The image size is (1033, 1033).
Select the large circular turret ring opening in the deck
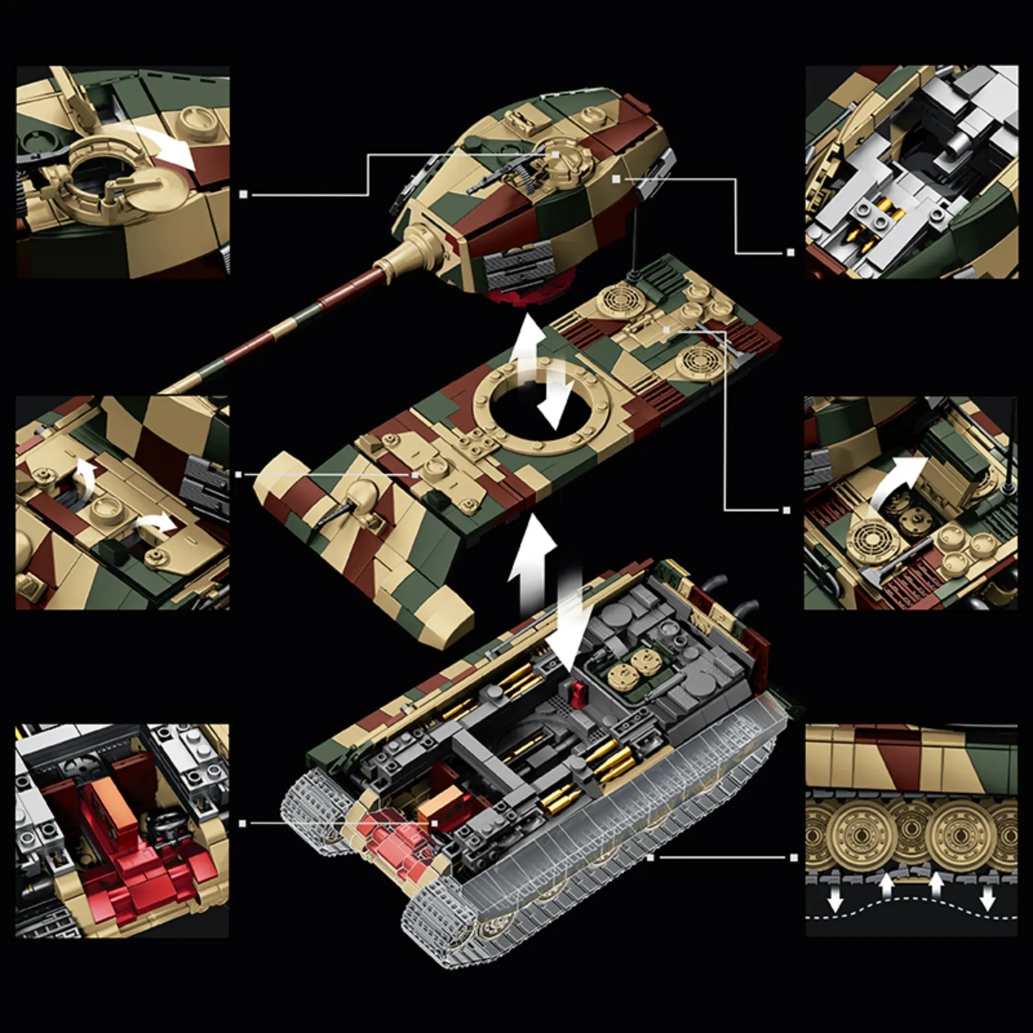coord(540,412)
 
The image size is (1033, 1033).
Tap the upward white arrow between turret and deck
coord(527,342)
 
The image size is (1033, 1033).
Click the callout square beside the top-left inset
coord(243,195)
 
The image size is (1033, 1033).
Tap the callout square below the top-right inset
coord(791,253)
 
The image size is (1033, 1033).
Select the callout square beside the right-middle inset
coord(786,510)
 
